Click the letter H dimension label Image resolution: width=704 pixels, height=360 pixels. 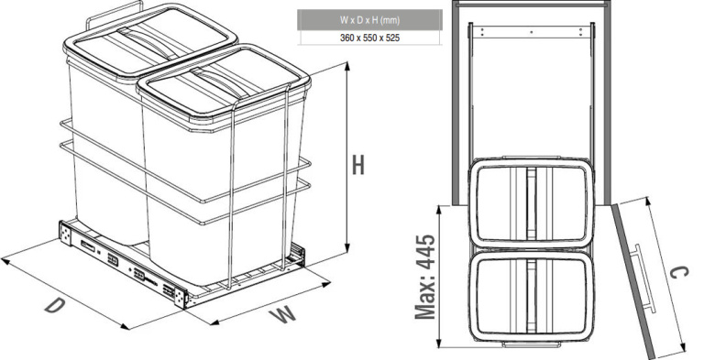pyautogui.click(x=357, y=165)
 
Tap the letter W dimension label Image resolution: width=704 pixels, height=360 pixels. pyautogui.click(x=282, y=314)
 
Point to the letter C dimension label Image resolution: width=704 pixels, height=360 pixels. pyautogui.click(x=678, y=272)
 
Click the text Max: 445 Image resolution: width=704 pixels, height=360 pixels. pyautogui.click(x=424, y=277)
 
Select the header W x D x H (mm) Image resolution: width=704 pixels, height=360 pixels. pyautogui.click(x=369, y=20)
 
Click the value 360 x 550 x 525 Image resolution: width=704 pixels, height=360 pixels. pyautogui.click(x=369, y=38)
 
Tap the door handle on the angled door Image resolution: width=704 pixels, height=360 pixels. pyautogui.click(x=643, y=278)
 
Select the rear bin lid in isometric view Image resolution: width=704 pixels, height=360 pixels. pyautogui.click(x=150, y=41)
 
